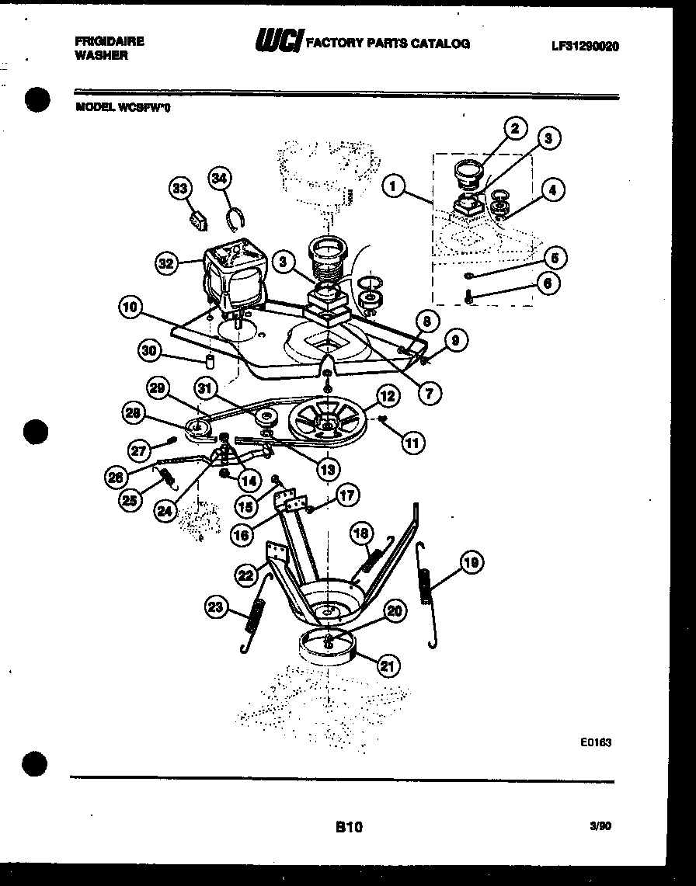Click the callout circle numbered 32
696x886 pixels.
165,263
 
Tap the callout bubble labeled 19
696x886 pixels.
471,562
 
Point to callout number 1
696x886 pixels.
395,187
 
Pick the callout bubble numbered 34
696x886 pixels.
221,179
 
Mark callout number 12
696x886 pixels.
387,397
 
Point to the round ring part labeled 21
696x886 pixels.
325,648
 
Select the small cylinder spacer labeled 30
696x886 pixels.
210,361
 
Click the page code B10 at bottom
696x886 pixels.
349,828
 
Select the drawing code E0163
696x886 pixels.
596,742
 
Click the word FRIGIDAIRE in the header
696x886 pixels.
110,42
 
